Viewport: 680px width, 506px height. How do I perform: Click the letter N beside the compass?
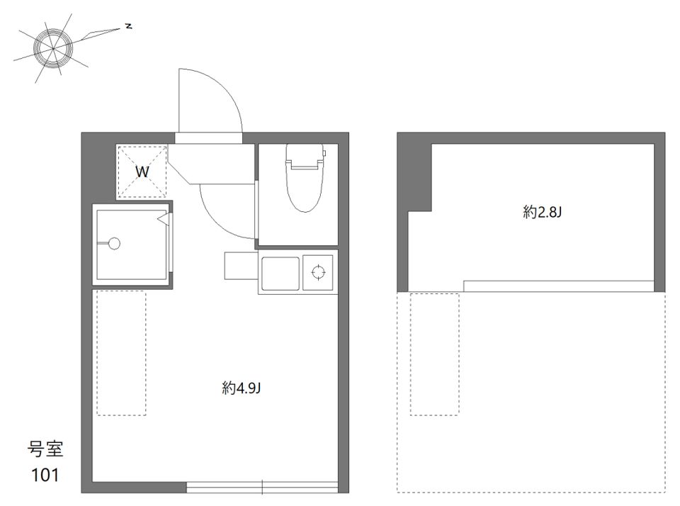pos(128,26)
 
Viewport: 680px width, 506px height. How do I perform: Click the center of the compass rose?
pos(53,48)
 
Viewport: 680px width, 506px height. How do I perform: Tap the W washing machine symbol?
pos(142,172)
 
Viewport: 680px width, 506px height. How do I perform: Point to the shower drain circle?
pos(114,244)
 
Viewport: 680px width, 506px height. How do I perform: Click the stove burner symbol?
pos(318,272)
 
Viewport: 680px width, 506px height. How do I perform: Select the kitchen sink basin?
pos(280,274)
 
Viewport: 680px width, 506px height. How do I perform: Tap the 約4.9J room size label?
pos(241,388)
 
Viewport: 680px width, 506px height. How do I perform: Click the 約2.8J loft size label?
pos(542,212)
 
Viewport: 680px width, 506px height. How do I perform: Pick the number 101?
pos(45,476)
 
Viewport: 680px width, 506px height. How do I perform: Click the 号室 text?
pos(45,449)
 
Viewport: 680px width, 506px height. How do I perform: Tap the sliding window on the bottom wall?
pos(262,488)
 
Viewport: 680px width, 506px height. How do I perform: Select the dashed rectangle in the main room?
pos(121,353)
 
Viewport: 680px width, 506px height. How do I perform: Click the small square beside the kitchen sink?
pos(241,266)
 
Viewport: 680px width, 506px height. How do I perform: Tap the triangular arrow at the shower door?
pos(163,220)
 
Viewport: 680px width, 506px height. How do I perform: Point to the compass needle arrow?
pos(100,34)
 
